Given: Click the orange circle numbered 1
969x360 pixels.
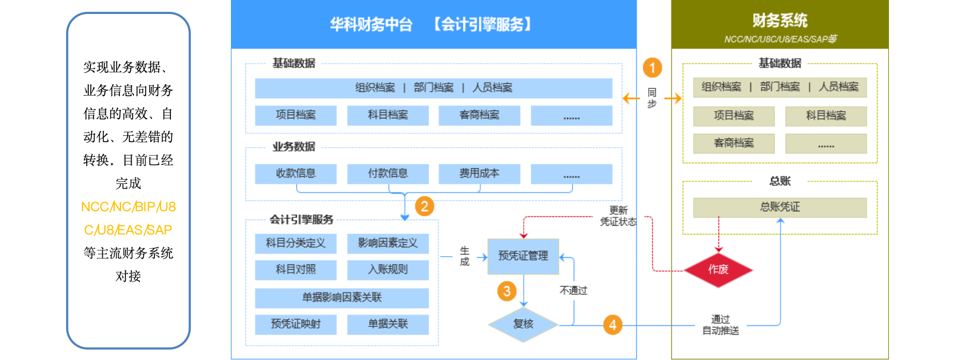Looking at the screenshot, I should click(x=652, y=68).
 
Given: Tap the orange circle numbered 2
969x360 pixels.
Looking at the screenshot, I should click(x=424, y=207).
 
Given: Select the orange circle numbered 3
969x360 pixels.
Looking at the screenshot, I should click(x=507, y=291).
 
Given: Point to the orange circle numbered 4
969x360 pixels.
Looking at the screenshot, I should click(x=613, y=325).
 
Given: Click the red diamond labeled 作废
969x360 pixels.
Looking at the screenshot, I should click(x=718, y=270).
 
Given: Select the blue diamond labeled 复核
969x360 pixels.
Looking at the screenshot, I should click(x=523, y=324).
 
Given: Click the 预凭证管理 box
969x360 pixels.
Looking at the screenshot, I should click(x=523, y=256).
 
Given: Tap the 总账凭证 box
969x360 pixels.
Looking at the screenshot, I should click(x=779, y=208).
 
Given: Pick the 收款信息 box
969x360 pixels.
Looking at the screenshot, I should click(x=295, y=174).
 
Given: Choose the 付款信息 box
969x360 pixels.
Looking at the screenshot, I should click(x=387, y=174).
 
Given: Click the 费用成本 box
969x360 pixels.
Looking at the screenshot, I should click(x=479, y=174).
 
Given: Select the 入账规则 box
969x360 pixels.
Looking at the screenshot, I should click(x=387, y=270).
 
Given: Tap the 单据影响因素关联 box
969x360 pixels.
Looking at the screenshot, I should click(x=341, y=298).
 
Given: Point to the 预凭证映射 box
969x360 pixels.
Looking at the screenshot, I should click(x=295, y=324).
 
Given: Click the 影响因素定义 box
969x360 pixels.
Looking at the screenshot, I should click(x=387, y=243).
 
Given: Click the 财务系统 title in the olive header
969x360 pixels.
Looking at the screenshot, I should click(x=779, y=21).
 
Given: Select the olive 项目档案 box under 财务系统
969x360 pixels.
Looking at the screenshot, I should click(x=733, y=116).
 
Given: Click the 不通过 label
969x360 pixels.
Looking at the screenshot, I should click(x=573, y=290).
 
